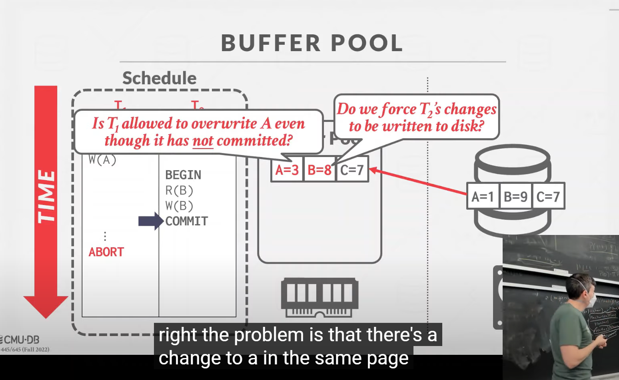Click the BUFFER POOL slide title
pyautogui.click(x=311, y=43)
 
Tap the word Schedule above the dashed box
pyautogui.click(x=159, y=78)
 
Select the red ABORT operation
pyautogui.click(x=106, y=252)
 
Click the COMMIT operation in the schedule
pyautogui.click(x=187, y=221)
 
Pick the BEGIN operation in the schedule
pyautogui.click(x=183, y=175)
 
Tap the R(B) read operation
pyautogui.click(x=179, y=191)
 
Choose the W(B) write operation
pyautogui.click(x=179, y=206)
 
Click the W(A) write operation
pyautogui.click(x=102, y=160)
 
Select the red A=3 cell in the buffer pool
pyautogui.click(x=287, y=170)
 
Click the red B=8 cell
pyautogui.click(x=319, y=170)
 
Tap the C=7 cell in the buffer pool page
pyautogui.click(x=352, y=170)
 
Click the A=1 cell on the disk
pyautogui.click(x=483, y=197)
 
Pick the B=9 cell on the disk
pyautogui.click(x=515, y=197)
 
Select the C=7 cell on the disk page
pyautogui.click(x=548, y=197)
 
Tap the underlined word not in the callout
pyautogui.click(x=203, y=141)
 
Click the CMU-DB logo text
pyautogui.click(x=21, y=340)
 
